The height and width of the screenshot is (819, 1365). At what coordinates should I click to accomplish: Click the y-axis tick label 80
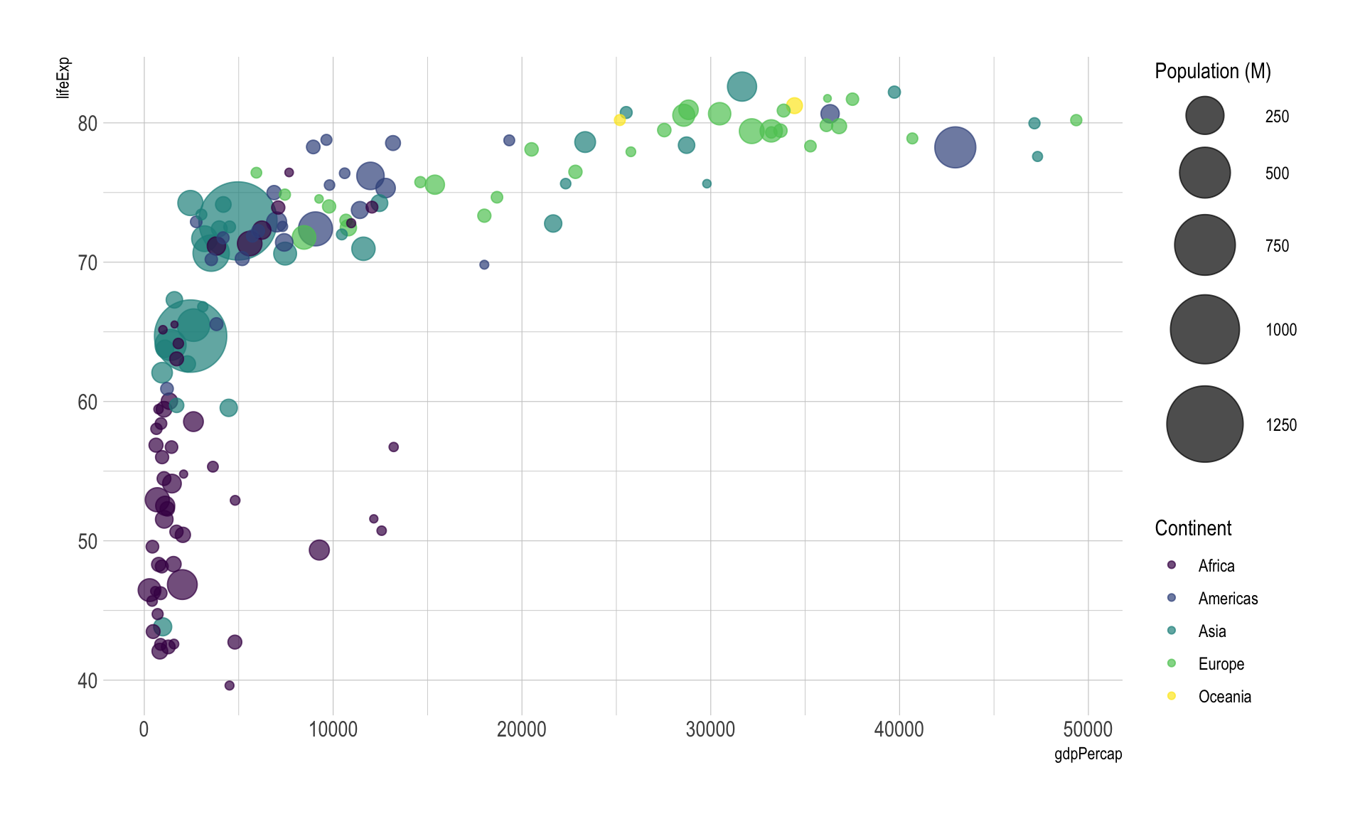87,124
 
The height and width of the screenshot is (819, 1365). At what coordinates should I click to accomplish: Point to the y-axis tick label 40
87,681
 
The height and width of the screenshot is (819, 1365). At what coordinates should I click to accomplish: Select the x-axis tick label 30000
710,729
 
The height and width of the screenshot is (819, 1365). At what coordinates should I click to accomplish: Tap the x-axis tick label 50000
1088,729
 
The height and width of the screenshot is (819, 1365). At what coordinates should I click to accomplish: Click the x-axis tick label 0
144,729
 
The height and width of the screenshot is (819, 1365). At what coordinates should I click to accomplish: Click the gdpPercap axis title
1088,754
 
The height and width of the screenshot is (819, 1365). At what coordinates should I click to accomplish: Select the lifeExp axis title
63,77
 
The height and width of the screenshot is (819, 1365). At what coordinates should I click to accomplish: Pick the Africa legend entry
1216,566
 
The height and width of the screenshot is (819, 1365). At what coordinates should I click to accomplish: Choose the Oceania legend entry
1224,697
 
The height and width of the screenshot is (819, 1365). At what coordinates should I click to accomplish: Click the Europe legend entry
1221,664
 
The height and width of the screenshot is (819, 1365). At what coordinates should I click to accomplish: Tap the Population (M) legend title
1212,71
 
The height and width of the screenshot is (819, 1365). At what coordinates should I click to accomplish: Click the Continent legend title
1193,528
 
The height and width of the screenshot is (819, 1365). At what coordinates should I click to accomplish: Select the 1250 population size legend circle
1204,424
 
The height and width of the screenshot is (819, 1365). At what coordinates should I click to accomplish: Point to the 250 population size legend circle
1204,116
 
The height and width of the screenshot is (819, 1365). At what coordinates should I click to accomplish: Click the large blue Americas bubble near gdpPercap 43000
955,147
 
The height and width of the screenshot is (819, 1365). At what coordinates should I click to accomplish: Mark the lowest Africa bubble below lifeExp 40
229,685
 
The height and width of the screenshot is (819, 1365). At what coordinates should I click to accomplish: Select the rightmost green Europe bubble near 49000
1076,120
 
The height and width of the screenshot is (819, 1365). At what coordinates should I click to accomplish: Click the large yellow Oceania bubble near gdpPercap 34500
794,106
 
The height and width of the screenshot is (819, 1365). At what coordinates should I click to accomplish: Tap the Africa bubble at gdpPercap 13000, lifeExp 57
393,447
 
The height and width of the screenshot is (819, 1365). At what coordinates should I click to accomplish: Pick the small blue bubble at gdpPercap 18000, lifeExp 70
484,264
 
